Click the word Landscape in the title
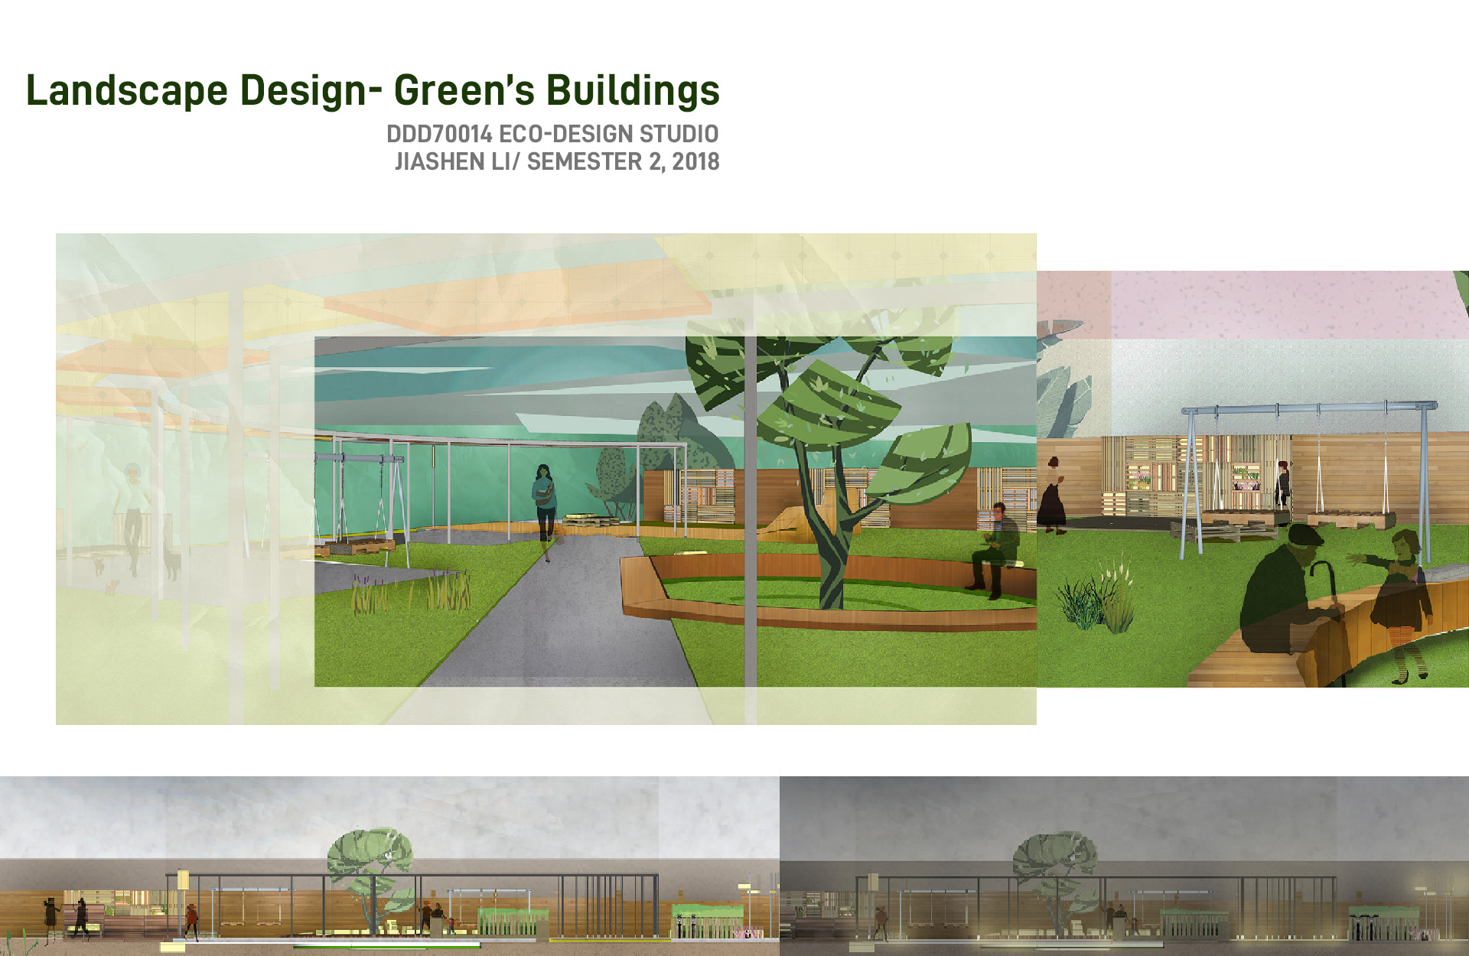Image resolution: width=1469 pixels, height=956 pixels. [x=127, y=90]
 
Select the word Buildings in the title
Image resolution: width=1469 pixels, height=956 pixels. [x=633, y=90]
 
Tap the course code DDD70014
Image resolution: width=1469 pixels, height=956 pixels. [x=439, y=134]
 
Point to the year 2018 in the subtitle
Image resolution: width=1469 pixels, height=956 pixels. [x=695, y=161]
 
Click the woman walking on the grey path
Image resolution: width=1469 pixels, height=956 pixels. [x=545, y=511]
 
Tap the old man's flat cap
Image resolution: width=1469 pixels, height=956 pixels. [x=1307, y=534]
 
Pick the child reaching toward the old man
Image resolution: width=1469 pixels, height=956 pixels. [x=1399, y=604]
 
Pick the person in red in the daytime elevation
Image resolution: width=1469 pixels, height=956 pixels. [x=191, y=921]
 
